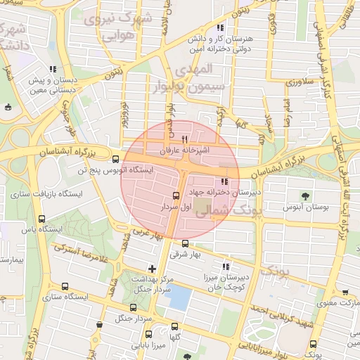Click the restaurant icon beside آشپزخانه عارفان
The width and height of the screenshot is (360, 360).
[184, 139]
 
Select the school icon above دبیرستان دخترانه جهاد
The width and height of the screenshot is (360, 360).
[224, 182]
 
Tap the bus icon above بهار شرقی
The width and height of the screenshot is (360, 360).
[185, 243]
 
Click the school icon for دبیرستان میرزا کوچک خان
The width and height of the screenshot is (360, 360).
[226, 266]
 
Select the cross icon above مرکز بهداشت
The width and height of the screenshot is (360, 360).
[152, 268]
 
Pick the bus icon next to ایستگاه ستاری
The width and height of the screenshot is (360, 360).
[65, 286]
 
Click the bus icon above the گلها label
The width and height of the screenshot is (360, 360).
[175, 326]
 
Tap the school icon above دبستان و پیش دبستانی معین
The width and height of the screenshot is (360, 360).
[53, 70]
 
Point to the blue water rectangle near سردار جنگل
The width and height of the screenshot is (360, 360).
[181, 298]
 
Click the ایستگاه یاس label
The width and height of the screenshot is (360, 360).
[42, 230]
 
